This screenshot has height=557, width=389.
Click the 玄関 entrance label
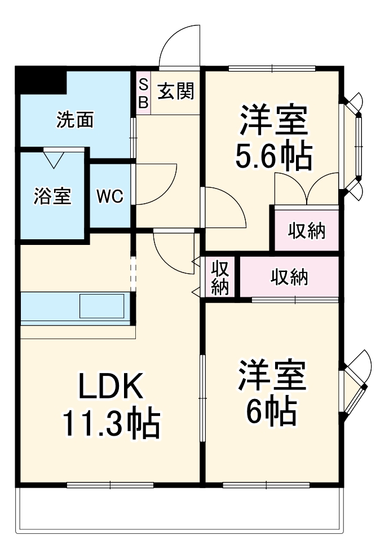pyautogui.click(x=176, y=91)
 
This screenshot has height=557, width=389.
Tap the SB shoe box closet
pyautogui.click(x=143, y=93)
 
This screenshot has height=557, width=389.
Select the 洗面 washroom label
pyautogui.click(x=75, y=120)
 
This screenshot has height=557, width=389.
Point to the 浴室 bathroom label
pyautogui.click(x=52, y=196)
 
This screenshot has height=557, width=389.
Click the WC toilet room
pyautogui.click(x=110, y=196)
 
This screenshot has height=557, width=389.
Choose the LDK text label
pyautogui.click(x=111, y=386)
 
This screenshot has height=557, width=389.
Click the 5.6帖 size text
pyautogui.click(x=274, y=157)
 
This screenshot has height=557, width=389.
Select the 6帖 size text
pyautogui.click(x=272, y=411)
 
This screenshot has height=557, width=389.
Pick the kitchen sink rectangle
pyautogui.click(x=102, y=306)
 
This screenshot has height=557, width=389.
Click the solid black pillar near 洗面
pyautogui.click(x=41, y=81)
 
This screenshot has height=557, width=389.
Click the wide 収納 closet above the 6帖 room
pyautogui.click(x=290, y=277)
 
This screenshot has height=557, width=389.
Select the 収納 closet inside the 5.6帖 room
pyautogui.click(x=307, y=231)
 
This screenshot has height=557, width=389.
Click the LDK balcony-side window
pyautogui.click(x=110, y=485)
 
